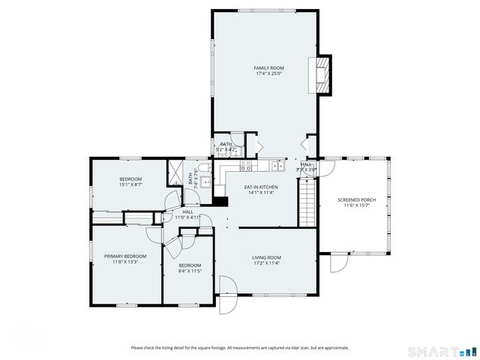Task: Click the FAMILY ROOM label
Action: pyautogui.click(x=268, y=68)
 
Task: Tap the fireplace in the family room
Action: pyautogui.click(x=322, y=75)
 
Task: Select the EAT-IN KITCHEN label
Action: pyautogui.click(x=261, y=187)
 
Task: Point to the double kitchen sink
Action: pyautogui.click(x=277, y=164)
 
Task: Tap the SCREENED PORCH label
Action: pyautogui.click(x=356, y=199)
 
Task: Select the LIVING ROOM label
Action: pyautogui.click(x=266, y=258)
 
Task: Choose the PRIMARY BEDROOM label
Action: pyautogui.click(x=125, y=256)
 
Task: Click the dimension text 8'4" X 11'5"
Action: pyautogui.click(x=190, y=271)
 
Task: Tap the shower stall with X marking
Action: pyautogui.click(x=175, y=169)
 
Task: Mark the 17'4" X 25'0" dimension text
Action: pyautogui.click(x=268, y=73)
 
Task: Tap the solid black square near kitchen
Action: pyautogui.click(x=220, y=201)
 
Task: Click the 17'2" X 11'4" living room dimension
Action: pyautogui.click(x=266, y=263)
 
